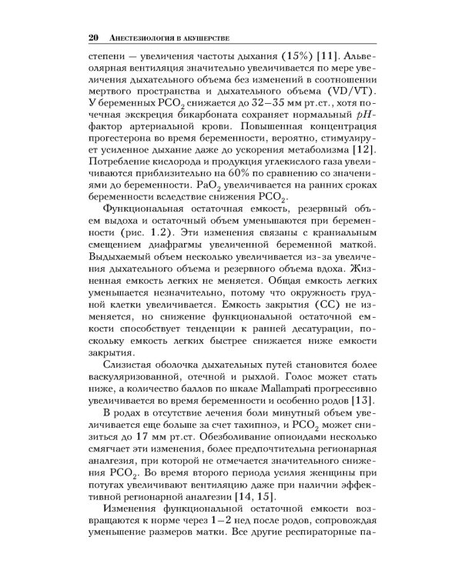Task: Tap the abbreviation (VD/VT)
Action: click(347, 102)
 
